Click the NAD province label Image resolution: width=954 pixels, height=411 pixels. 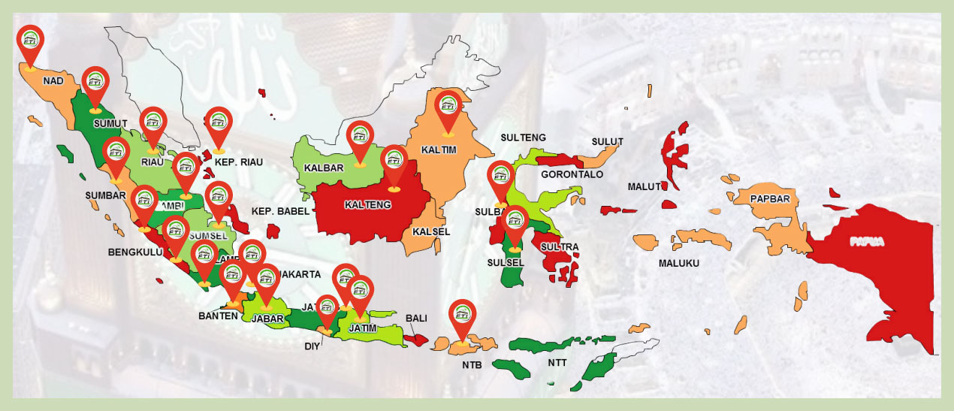(x=53, y=80)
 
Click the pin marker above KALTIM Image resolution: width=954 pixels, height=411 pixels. (x=449, y=110)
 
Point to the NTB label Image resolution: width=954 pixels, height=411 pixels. (x=472, y=366)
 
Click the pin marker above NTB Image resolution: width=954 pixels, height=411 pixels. (x=463, y=318)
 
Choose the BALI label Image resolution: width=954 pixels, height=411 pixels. (x=416, y=319)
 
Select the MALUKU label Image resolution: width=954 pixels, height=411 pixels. (x=679, y=263)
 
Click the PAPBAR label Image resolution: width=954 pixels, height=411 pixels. (x=768, y=199)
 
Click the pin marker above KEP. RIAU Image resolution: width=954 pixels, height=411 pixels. (x=219, y=125)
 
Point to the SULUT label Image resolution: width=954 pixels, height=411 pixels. (x=607, y=141)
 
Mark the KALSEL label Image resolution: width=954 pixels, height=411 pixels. (x=431, y=231)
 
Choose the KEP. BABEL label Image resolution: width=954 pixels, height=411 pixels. (x=280, y=211)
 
